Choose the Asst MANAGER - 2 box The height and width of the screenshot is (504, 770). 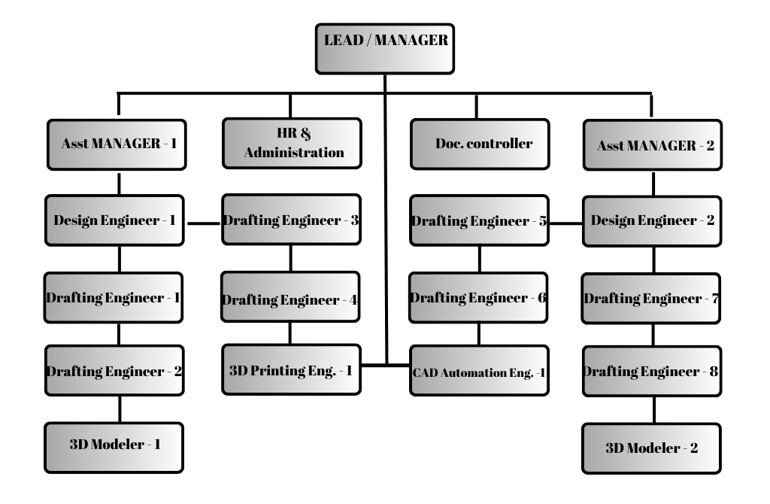point(652,146)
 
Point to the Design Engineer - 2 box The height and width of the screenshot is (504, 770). point(652,220)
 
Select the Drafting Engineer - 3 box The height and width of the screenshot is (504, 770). point(291,220)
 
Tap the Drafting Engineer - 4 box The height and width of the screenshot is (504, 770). point(291,299)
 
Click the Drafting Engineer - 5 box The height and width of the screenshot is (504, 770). point(479,220)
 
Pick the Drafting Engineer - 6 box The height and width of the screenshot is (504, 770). point(479,296)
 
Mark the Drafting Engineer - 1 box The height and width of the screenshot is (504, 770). point(115,296)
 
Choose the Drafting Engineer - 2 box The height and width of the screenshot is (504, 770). point(115,371)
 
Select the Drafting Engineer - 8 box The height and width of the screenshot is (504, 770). point(652,371)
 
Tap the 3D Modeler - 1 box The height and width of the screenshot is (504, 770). point(115,445)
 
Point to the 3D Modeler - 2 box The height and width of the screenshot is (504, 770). point(652,448)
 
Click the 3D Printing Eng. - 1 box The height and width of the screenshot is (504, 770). point(291,369)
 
